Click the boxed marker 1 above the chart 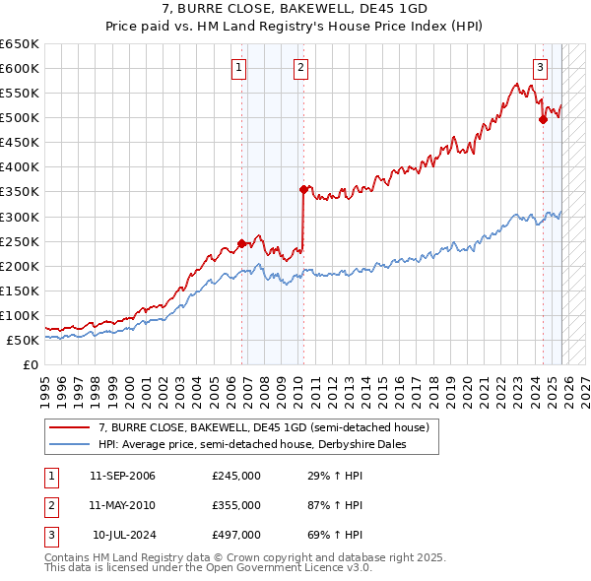click(239, 68)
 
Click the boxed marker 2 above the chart click(299, 68)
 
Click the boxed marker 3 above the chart click(541, 68)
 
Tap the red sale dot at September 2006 click(241, 243)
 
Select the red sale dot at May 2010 click(303, 189)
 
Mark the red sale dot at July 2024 click(543, 119)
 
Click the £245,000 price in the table click(235, 476)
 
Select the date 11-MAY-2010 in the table click(122, 505)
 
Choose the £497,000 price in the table click(235, 535)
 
